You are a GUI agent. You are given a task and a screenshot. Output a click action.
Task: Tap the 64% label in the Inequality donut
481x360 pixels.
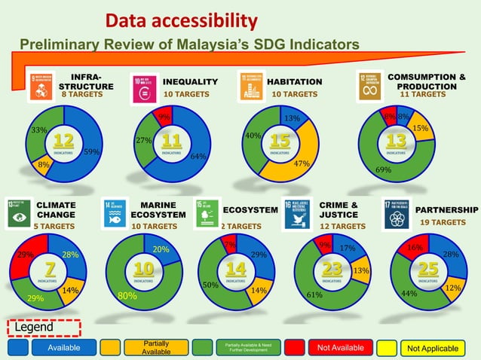pos(199,157)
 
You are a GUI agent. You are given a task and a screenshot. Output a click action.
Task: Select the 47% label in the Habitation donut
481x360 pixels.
pos(302,163)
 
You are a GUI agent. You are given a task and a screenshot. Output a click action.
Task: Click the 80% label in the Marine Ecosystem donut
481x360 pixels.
pos(127,297)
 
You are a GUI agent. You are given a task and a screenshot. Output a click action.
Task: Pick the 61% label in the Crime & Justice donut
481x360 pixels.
pos(315,295)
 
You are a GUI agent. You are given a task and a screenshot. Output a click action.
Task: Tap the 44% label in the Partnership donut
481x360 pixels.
pos(409,293)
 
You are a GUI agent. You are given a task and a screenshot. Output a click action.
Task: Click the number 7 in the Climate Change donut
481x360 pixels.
pos(50,269)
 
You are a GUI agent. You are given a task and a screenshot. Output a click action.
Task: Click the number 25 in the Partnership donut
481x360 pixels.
pos(428,269)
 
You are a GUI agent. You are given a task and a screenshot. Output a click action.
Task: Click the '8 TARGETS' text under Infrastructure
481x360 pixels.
pos(81,95)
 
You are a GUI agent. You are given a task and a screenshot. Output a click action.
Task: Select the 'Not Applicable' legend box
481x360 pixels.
pos(432,348)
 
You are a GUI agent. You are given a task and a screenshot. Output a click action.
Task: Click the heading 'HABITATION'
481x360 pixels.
pos(295,81)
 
